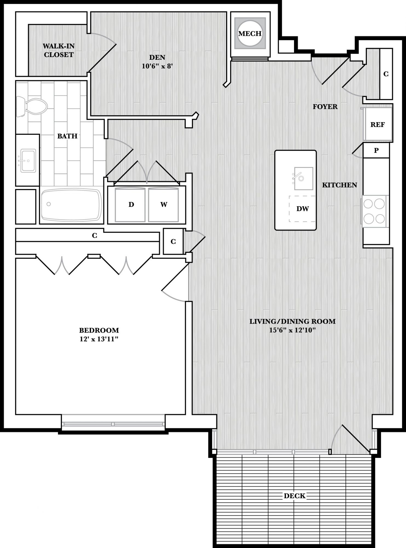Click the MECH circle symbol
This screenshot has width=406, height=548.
coord(250,33)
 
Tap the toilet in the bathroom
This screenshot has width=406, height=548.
coord(32,107)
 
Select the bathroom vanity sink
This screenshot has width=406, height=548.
coord(28,161)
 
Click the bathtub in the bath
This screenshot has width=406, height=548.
coord(71,205)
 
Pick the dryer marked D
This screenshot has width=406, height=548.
coord(130,205)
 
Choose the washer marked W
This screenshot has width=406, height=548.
coord(163,205)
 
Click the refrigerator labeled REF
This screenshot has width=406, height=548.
coord(377,124)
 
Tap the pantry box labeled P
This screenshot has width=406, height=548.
coord(376,150)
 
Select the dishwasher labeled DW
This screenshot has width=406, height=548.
coord(302,209)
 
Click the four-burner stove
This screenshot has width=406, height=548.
coord(374,211)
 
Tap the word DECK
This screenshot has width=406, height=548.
coord(295,496)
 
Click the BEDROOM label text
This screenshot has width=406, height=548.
coord(99,330)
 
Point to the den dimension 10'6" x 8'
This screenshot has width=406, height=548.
coord(157,66)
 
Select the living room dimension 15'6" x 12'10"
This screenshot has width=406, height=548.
coord(292,330)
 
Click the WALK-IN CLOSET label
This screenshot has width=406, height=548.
coord(59,50)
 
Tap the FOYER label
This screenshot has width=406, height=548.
coord(325,107)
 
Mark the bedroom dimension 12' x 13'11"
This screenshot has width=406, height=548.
coord(99,339)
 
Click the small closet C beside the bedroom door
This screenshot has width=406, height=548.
coord(173,241)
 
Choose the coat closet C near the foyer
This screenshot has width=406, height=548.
coord(386,74)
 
